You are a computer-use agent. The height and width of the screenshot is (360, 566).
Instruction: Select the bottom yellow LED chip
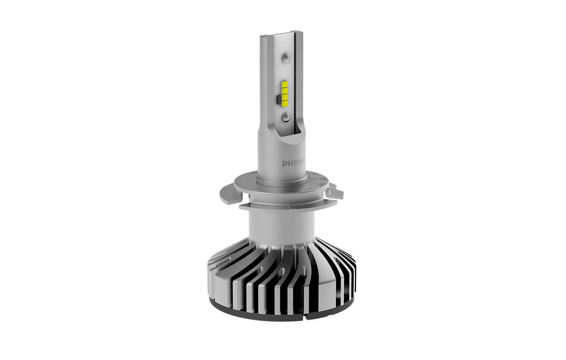click(x=285, y=104)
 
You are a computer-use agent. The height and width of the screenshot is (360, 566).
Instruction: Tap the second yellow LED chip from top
click(x=285, y=91)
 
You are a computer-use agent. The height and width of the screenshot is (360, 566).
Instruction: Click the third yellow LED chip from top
click(x=285, y=97)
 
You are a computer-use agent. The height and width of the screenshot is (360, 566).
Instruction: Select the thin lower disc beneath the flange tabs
click(x=281, y=206)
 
